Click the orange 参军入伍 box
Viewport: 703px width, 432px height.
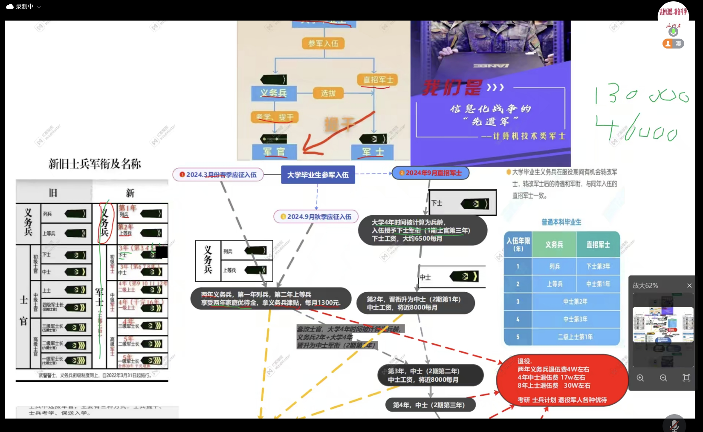(323, 43)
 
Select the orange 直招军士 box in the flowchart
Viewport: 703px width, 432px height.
(378, 80)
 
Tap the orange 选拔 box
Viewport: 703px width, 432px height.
(328, 93)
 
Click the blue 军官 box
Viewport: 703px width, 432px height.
(274, 152)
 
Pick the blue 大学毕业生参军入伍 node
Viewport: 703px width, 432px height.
(318, 175)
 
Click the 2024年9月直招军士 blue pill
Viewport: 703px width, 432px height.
(430, 173)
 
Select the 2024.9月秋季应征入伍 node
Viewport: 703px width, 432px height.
(316, 217)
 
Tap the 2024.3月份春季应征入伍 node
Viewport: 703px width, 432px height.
(218, 175)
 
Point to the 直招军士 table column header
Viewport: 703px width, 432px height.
(598, 245)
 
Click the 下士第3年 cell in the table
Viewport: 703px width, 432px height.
(598, 266)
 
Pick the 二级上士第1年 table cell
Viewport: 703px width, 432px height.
(575, 337)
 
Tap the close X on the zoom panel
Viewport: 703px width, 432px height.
(689, 285)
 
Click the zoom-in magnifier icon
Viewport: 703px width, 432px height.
(640, 378)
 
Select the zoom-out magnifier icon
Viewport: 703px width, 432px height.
(663, 378)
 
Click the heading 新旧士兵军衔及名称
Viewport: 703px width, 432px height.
(95, 164)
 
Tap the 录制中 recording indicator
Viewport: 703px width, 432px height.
(24, 6)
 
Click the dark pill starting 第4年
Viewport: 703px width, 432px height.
(431, 405)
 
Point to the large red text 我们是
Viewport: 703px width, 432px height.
(452, 88)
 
